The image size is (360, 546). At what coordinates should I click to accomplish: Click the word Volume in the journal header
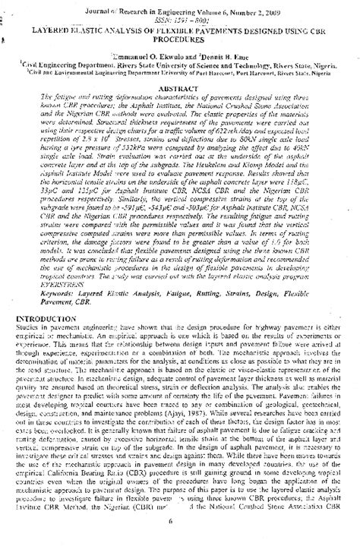[219, 11]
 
